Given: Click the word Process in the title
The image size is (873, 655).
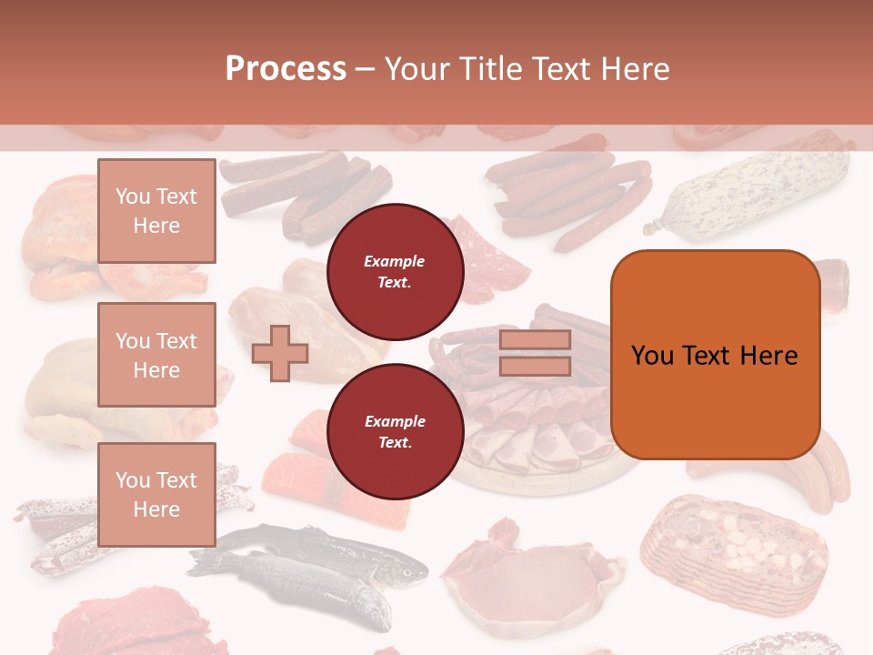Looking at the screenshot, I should [x=286, y=69].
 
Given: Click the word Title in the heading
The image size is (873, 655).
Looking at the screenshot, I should [x=491, y=69].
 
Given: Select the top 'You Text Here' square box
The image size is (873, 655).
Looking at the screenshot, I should [x=156, y=211].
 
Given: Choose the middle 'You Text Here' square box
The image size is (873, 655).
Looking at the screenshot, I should [x=156, y=355].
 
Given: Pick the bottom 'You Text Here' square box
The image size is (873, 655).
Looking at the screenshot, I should [x=156, y=494].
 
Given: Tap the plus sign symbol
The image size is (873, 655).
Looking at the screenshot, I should [x=279, y=354].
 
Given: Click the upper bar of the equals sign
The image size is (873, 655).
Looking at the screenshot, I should [x=535, y=340].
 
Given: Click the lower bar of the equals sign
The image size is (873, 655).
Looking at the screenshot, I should [x=535, y=366].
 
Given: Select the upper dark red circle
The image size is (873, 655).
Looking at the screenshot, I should [x=395, y=272].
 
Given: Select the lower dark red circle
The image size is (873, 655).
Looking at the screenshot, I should [x=395, y=431].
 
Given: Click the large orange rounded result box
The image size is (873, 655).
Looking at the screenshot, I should [x=715, y=355].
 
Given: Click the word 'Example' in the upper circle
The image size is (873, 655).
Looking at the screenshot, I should [x=395, y=262].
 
